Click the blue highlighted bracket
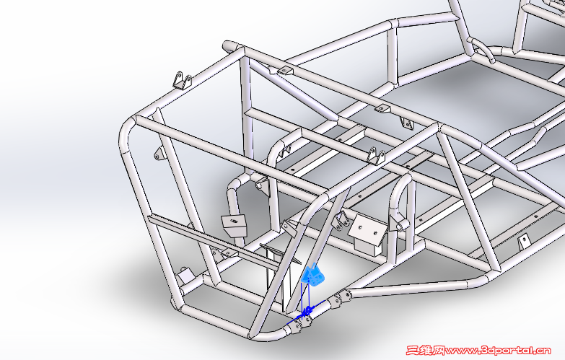click(312, 276)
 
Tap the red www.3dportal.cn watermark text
click(498, 351)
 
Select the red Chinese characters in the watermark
click(425, 351)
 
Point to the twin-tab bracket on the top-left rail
click(183, 80)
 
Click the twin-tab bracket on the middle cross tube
click(376, 156)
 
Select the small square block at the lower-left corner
click(185, 275)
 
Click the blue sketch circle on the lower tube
click(308, 310)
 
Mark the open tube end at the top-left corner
click(228, 46)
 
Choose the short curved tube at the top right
click(484, 51)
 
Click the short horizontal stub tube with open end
click(403, 226)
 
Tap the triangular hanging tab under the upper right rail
click(407, 123)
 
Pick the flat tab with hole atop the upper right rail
click(382, 107)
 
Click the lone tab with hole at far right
click(524, 241)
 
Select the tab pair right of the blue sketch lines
click(341, 299)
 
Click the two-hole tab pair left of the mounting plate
click(341, 219)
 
